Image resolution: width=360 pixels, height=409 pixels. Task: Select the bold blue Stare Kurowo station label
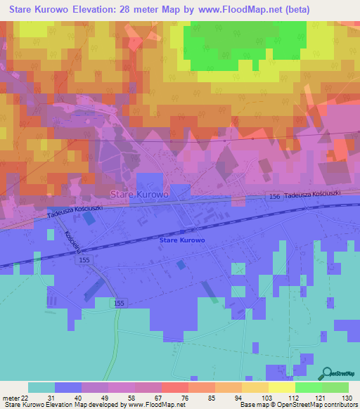click(x=182, y=240)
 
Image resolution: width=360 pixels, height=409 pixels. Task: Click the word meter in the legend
click(x=10, y=397)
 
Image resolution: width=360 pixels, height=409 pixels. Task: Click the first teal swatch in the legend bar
click(x=41, y=387)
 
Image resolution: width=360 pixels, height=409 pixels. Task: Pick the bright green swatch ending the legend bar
click(x=335, y=387)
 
